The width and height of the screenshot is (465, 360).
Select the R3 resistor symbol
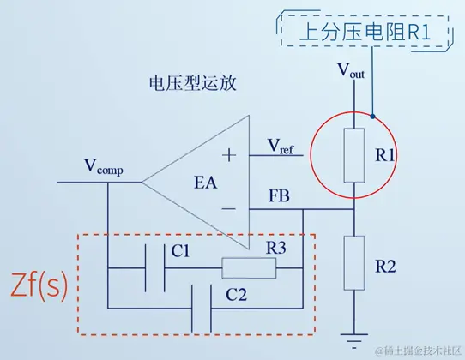coord(250,268)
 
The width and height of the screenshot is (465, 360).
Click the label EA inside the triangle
coord(203,182)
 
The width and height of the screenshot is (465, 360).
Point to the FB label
coord(279,196)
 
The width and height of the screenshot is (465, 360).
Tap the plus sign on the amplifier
coord(229,155)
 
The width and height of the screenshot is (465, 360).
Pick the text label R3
coord(275,249)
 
